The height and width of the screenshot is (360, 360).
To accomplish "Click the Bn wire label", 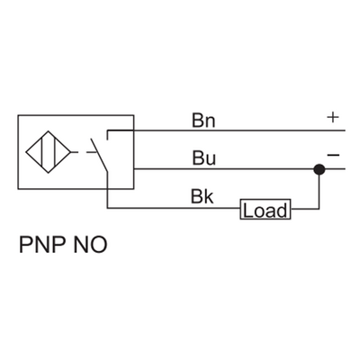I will click(x=203, y=121).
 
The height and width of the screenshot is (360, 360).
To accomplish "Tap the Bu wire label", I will click(x=203, y=158).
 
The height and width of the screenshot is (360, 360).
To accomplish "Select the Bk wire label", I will click(x=202, y=196).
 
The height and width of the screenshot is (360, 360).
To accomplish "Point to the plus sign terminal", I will click(x=332, y=117).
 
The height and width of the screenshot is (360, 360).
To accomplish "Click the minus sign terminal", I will click(x=333, y=156).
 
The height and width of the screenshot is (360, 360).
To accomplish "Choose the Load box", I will click(x=265, y=211).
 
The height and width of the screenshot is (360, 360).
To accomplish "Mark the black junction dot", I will click(x=318, y=168).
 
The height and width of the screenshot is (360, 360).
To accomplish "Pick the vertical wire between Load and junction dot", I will click(x=318, y=191).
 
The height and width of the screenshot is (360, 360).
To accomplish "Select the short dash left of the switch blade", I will click(x=90, y=150).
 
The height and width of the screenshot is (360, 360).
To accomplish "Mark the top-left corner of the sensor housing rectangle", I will click(x=17, y=114).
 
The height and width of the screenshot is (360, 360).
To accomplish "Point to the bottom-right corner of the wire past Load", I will click(x=318, y=211).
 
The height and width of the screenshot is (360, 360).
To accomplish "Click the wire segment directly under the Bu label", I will click(x=203, y=168).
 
